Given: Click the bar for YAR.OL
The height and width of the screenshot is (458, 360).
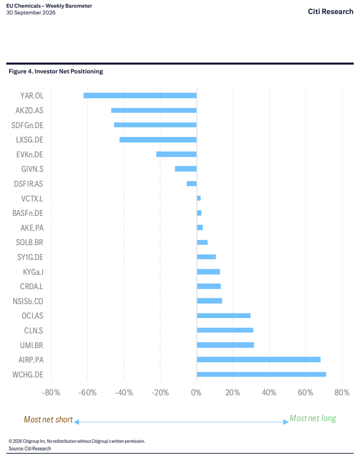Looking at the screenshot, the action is click(x=140, y=95).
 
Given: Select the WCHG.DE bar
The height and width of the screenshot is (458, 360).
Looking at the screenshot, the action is click(x=262, y=374).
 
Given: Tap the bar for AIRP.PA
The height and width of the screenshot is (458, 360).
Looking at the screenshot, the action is click(x=259, y=360).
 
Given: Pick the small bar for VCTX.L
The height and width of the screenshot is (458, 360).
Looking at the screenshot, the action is click(x=199, y=198).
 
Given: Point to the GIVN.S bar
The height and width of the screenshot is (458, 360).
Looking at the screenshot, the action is click(x=186, y=169).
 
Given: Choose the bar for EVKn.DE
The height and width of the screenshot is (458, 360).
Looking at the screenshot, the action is click(x=176, y=154).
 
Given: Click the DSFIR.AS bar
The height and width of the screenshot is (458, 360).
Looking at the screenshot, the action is click(x=191, y=184).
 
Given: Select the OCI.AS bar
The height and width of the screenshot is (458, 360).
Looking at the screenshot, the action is click(x=224, y=316).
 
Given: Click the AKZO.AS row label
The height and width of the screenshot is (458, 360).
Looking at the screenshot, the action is click(x=29, y=110).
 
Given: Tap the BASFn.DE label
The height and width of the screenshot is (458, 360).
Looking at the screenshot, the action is click(x=28, y=213).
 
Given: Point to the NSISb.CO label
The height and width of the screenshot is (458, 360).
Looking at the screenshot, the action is click(x=28, y=301).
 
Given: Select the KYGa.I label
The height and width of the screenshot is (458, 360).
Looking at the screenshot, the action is click(x=33, y=272).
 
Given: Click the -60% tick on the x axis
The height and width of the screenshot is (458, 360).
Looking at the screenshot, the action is click(x=87, y=392).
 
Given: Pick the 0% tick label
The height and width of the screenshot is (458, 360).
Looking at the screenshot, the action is click(x=196, y=392).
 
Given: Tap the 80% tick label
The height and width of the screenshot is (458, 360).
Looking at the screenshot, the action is click(x=342, y=392).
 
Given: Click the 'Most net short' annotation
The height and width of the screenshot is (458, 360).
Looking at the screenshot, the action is click(x=48, y=419).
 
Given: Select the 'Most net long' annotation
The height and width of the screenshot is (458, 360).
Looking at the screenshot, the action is click(x=313, y=419).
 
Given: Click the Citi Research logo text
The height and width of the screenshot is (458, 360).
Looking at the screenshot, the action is click(x=330, y=11).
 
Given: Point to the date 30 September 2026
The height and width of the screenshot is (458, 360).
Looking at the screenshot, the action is click(x=31, y=13).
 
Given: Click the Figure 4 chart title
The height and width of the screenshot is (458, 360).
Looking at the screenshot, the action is click(x=56, y=71).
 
